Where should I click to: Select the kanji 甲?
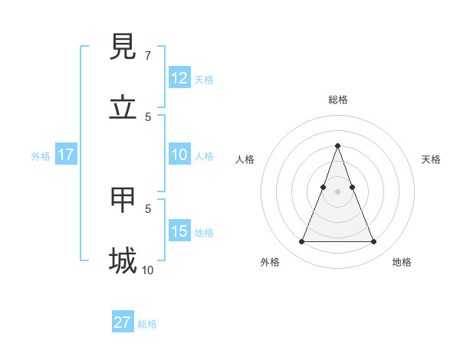click(123, 201)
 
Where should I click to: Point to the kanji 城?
click(123, 260)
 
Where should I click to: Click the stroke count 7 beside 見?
click(147, 56)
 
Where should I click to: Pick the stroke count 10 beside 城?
click(147, 270)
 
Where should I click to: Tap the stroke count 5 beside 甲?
click(148, 208)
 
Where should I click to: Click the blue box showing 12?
click(179, 78)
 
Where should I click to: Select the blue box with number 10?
click(179, 155)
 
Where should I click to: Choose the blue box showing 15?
click(179, 231)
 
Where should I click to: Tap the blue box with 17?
click(66, 155)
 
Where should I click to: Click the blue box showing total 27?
click(123, 322)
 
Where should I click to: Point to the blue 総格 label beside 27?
click(147, 324)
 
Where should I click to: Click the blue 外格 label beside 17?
click(41, 156)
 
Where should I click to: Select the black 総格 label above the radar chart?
click(338, 100)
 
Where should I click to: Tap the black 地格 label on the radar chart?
click(402, 262)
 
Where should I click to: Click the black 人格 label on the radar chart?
click(245, 159)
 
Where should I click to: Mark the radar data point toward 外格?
click(301, 242)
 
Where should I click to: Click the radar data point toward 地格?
click(373, 242)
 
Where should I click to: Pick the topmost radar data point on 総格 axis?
click(337, 146)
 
